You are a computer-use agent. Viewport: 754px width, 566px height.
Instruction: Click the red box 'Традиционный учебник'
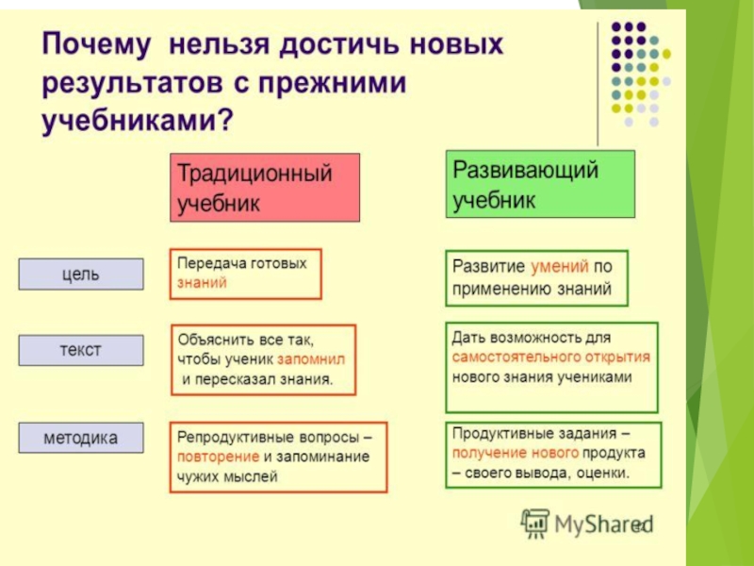click(265, 188)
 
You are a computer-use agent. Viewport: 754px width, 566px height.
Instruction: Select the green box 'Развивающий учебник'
click(540, 184)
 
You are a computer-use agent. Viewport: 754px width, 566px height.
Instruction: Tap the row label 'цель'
click(81, 275)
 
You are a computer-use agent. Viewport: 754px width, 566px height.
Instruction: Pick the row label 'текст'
click(81, 350)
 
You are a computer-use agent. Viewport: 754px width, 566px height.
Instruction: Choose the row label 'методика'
click(81, 438)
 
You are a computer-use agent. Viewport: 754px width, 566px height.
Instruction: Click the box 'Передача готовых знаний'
click(245, 274)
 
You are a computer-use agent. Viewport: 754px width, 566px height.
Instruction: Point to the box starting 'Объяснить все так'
click(263, 359)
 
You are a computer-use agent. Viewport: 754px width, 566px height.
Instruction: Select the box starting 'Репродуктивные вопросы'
click(278, 458)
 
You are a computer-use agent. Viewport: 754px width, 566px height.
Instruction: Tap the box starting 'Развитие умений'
click(535, 277)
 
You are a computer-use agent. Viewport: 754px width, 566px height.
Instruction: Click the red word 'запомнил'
click(312, 359)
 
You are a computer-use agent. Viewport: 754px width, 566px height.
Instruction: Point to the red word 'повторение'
click(216, 458)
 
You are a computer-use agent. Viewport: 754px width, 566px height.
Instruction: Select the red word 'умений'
click(561, 267)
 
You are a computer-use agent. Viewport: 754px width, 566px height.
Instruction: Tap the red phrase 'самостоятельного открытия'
click(551, 358)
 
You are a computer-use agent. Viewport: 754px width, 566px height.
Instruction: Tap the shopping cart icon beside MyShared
click(535, 523)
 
